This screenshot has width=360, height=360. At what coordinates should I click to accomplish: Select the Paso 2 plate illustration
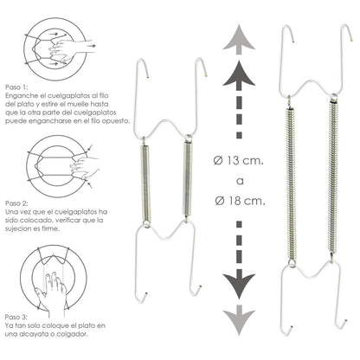click(59, 160)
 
